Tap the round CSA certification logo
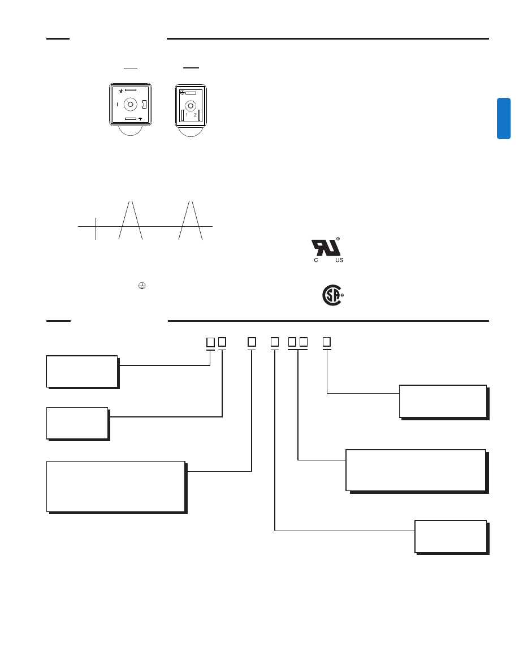(332, 295)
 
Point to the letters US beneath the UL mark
(339, 260)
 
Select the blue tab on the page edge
(504, 118)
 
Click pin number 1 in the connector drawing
(186, 115)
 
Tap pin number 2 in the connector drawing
(195, 115)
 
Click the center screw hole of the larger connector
(131, 105)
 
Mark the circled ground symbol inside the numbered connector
(183, 92)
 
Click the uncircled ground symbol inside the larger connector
(121, 90)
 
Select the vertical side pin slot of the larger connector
(145, 105)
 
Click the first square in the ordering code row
(210, 342)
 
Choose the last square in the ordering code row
(326, 342)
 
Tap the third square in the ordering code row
(252, 342)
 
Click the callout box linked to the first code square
(82, 371)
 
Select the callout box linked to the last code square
(443, 401)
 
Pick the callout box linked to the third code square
(115, 486)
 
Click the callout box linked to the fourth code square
(450, 536)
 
